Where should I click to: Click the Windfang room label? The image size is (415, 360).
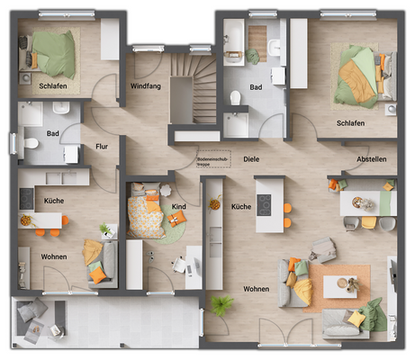pyautogui.click(x=146, y=86)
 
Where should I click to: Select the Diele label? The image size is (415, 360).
pyautogui.click(x=250, y=159)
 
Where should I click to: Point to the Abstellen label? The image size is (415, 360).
pyautogui.click(x=371, y=159)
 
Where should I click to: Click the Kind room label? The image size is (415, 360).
pyautogui.click(x=179, y=207)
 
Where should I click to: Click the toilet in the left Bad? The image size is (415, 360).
pyautogui.click(x=30, y=142)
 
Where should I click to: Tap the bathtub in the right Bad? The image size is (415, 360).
pyautogui.click(x=237, y=123)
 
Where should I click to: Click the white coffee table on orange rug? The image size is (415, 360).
pyautogui.click(x=340, y=286)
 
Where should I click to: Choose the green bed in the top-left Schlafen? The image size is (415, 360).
pyautogui.click(x=54, y=54)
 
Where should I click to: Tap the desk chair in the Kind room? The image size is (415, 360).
pyautogui.click(x=179, y=265)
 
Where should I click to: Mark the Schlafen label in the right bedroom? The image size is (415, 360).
pyautogui.click(x=351, y=123)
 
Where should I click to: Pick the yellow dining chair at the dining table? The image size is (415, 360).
pyautogui.click(x=369, y=222)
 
